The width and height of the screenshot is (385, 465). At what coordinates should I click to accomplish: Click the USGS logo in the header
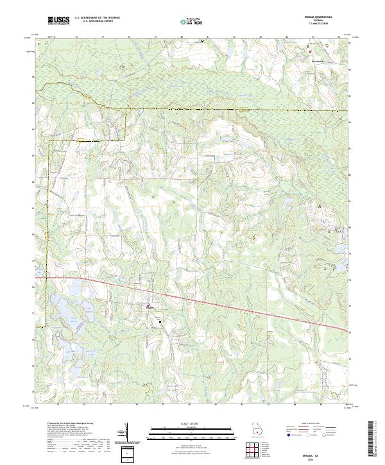(x=58, y=21)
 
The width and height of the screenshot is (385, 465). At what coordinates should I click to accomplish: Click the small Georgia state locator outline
(x=257, y=429)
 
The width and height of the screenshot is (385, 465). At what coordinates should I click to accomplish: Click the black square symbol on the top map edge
(x=202, y=41)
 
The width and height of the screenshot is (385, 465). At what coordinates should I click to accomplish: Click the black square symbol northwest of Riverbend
(x=307, y=46)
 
